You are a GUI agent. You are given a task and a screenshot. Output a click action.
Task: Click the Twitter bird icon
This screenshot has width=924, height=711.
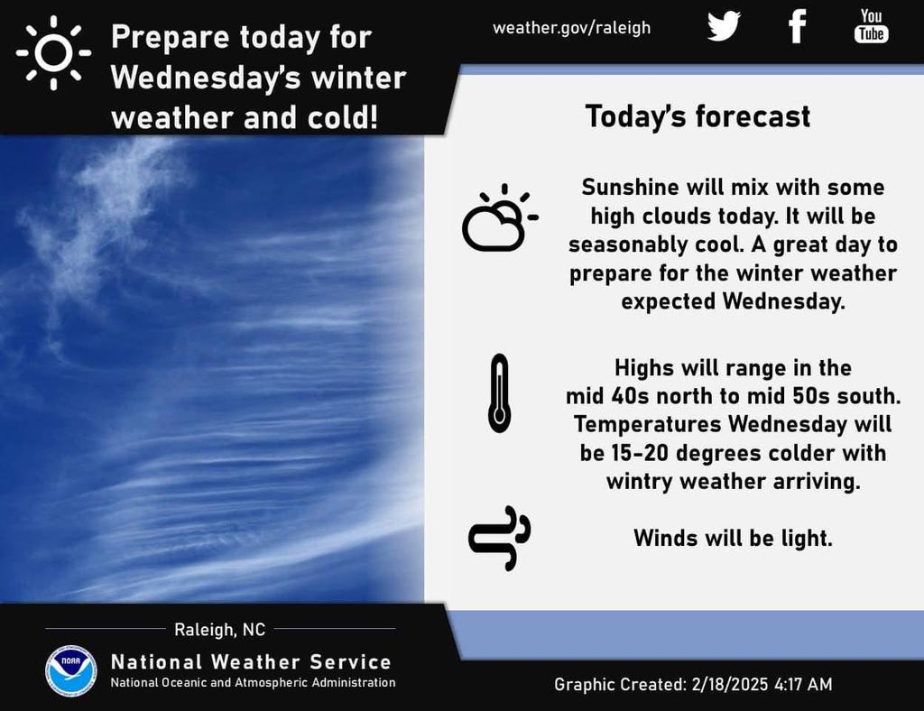pos(724,26)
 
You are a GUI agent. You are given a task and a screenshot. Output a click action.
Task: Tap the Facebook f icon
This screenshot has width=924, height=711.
pos(798,26)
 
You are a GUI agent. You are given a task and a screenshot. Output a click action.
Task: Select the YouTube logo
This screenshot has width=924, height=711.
pos(871,25)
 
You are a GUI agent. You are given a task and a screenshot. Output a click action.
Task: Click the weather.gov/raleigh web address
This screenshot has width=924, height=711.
pos(571,28)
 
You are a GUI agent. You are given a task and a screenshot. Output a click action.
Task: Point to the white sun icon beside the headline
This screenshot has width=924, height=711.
pos(53,52)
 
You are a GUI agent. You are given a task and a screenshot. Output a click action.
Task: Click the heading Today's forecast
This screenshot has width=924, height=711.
pos(698,116)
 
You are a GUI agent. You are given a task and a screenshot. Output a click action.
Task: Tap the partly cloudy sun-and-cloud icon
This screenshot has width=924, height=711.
pos(500,218)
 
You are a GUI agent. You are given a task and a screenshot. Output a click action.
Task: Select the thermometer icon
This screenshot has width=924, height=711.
pos(499,393)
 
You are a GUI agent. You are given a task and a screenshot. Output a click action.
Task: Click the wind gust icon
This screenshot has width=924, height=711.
pos(499,538)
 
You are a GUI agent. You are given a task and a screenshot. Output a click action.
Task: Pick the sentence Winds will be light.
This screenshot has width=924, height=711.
pos(733,538)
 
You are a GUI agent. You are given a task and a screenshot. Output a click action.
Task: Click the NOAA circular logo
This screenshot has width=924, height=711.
pos(71,671)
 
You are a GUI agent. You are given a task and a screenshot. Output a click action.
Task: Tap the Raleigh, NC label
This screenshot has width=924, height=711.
pos(220,630)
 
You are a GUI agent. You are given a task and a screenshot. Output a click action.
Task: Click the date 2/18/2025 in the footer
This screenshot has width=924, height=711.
pos(730,685)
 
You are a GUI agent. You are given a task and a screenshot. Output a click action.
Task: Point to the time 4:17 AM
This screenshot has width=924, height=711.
pos(804,685)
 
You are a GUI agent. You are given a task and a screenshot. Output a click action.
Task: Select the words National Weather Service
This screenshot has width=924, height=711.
pos(251,662)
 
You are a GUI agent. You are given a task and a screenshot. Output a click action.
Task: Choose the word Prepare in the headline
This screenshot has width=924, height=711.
pos(171,38)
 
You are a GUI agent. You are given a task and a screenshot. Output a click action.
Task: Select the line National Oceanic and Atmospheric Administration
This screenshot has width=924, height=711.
pos(254,683)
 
